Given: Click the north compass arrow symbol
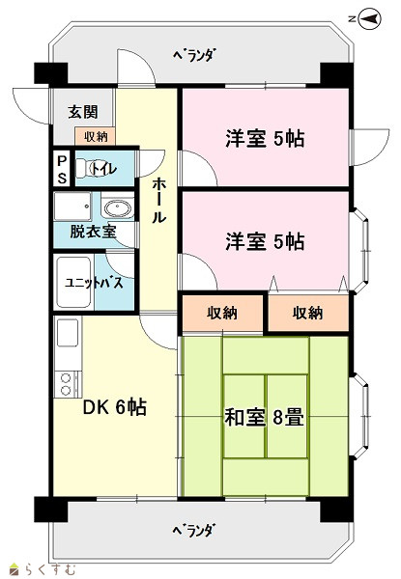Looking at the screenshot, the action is (370, 19).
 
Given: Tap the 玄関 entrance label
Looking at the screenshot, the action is (83, 112).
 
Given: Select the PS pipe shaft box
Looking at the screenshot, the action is (62, 169).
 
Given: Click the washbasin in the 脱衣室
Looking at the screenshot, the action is (117, 208).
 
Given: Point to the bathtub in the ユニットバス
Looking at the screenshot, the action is (73, 283).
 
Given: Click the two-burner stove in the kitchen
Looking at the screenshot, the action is (68, 384).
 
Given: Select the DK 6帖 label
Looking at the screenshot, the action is (115, 407).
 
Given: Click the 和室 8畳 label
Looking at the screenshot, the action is (265, 418).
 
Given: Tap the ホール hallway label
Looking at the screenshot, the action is (158, 200).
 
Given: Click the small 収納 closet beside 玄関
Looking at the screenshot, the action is (96, 136).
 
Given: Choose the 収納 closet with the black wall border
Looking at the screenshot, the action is (221, 313).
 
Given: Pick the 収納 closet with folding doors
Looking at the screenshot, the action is (308, 313).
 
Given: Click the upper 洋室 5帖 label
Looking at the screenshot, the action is (265, 139).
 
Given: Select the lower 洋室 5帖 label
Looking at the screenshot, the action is (265, 241).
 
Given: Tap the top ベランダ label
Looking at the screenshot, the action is (194, 55).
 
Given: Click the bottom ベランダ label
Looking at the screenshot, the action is (193, 531).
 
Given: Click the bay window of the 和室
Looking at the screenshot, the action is (360, 416).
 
